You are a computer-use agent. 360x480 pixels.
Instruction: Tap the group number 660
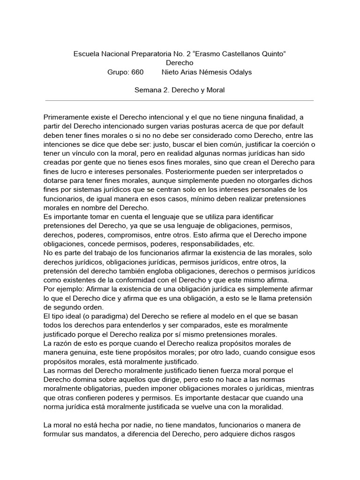click(x=137, y=72)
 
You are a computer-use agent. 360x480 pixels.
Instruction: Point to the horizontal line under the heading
click(x=180, y=100)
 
